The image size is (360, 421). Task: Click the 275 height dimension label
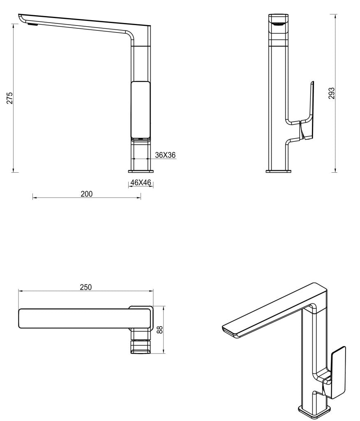10,97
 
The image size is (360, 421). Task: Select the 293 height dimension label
332,93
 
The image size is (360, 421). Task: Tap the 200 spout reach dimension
86,194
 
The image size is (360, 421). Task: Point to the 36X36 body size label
166,155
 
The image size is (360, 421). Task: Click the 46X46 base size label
141,183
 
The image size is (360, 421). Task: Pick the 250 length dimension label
85,287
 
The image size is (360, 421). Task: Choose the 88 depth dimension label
160,329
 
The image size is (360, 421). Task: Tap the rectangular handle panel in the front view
141,109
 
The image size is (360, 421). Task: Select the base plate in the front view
141,171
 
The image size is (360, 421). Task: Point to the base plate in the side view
278,171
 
